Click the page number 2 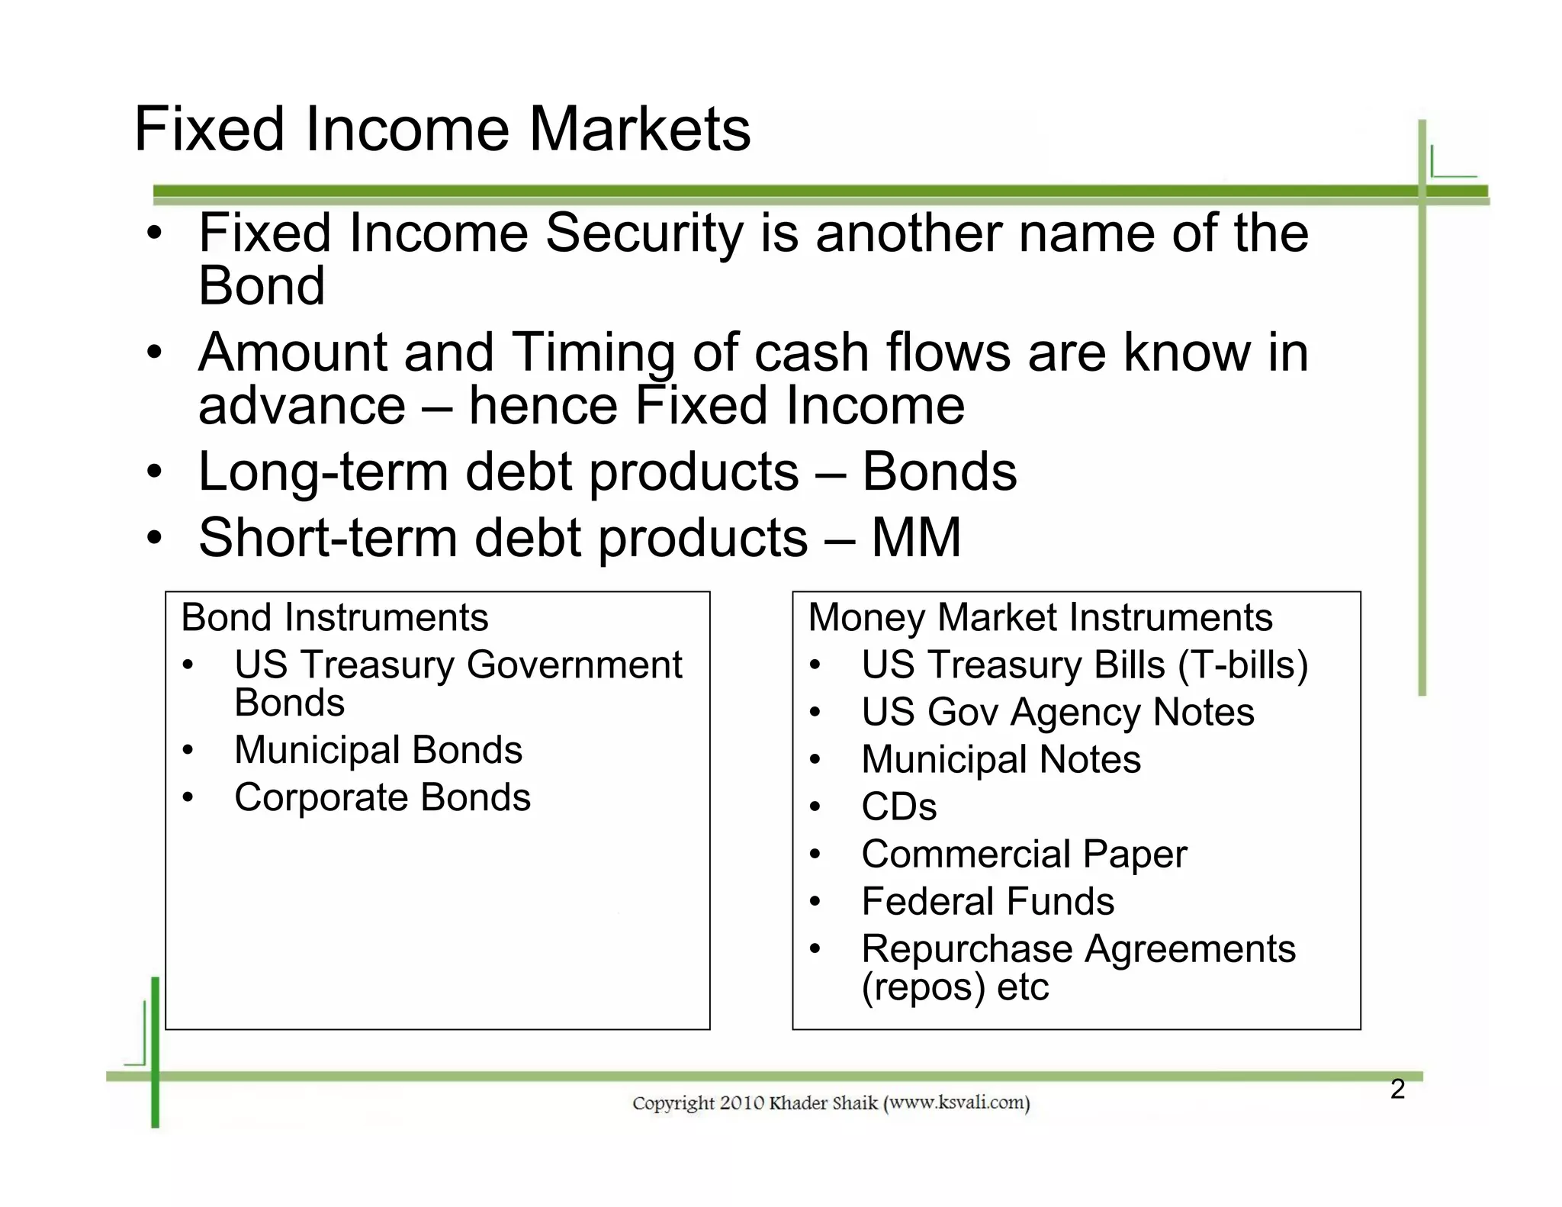(1397, 1089)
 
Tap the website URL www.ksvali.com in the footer (956, 1102)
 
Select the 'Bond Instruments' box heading (334, 617)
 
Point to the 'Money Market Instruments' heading (1040, 617)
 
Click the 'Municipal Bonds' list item (378, 750)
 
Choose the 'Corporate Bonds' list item (382, 797)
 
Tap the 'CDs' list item (898, 806)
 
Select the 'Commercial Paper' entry (1024, 854)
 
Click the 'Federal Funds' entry (987, 901)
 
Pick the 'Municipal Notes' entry (1001, 759)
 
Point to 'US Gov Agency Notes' (1057, 712)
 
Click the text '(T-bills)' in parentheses (1242, 665)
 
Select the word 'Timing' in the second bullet (593, 352)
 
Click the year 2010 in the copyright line (741, 1102)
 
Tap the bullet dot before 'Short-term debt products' (155, 539)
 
